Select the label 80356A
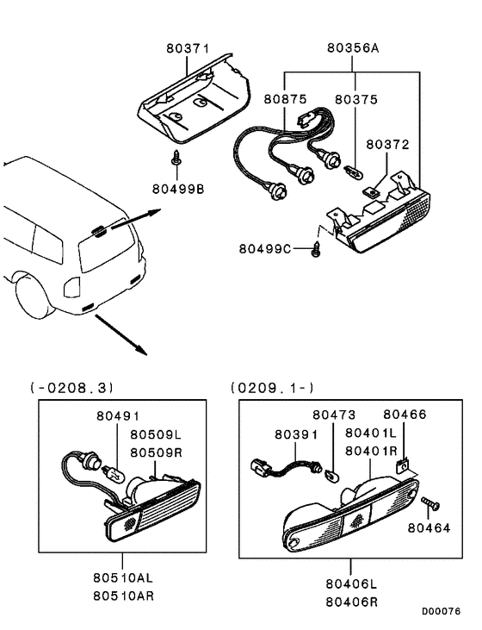click(352, 49)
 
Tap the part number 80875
click(286, 99)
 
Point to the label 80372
click(387, 145)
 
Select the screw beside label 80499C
click(315, 249)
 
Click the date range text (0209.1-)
click(272, 387)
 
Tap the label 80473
click(334, 415)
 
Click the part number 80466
click(404, 415)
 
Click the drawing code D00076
click(441, 611)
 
